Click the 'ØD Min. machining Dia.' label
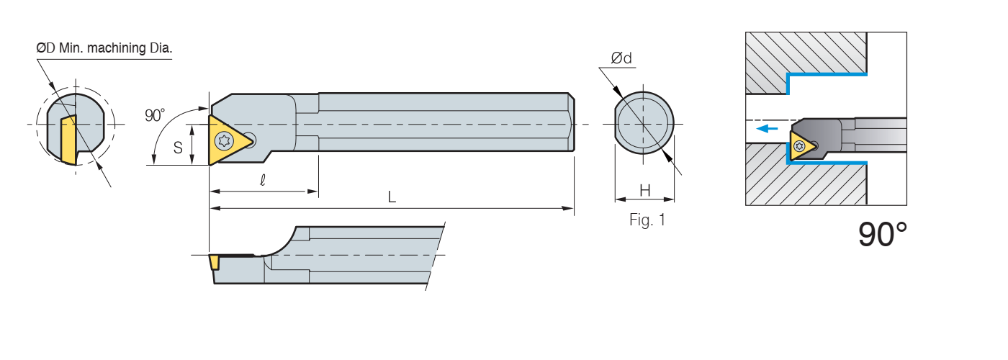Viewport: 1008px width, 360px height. click(x=104, y=49)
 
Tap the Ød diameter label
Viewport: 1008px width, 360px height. click(x=621, y=59)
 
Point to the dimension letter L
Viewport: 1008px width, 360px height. click(x=392, y=197)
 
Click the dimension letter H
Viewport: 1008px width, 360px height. click(x=645, y=191)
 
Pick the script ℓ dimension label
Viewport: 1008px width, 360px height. click(x=263, y=181)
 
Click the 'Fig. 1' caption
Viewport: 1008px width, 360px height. click(x=647, y=220)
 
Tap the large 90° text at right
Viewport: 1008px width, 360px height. click(x=883, y=235)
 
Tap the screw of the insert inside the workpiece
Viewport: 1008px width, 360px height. click(x=799, y=146)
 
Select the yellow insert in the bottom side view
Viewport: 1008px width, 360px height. click(x=215, y=261)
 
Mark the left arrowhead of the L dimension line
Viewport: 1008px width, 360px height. click(x=213, y=209)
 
